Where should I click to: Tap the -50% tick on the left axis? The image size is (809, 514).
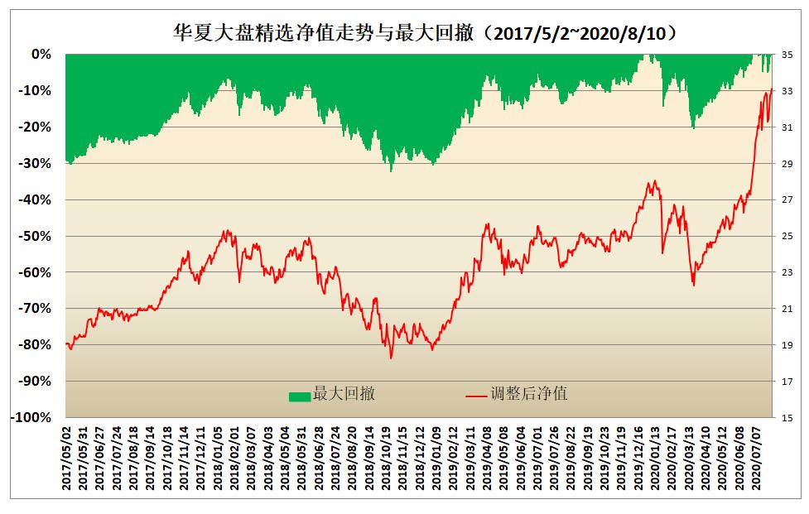coord(36,236)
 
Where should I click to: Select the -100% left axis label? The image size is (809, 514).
coord(33,417)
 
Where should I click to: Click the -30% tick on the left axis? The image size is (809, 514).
coord(36,163)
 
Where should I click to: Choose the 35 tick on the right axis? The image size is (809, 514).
coord(787,55)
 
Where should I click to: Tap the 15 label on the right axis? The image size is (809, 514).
coord(787,417)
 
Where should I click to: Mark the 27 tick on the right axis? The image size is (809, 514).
coord(787,199)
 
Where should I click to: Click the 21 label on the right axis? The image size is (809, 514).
coord(787,309)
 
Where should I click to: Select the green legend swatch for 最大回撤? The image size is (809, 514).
coord(299,396)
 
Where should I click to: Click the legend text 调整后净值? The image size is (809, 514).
coord(531,395)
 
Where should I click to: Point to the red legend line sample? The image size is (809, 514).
coord(476,396)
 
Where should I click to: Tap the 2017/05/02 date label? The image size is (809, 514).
coord(67,456)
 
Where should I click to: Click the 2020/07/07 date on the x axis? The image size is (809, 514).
coord(754,456)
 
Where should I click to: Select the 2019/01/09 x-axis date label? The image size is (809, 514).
coord(435,456)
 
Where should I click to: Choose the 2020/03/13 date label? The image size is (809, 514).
coord(687,456)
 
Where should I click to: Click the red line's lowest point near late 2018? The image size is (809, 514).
coord(391,358)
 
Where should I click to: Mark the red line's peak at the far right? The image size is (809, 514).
coord(772,89)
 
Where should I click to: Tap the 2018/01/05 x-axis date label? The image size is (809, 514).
coord(219,456)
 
